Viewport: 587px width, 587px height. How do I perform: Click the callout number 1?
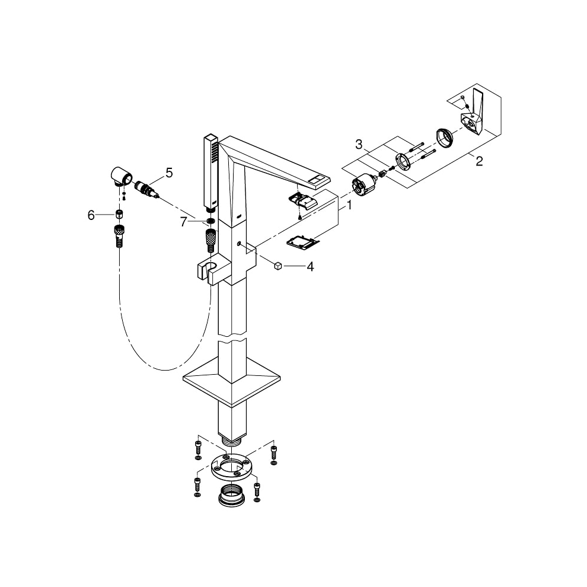pos(350,206)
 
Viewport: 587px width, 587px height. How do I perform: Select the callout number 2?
pos(479,161)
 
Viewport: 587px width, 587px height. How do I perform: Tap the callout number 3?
pos(359,143)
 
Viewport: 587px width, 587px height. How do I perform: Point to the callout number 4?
pos(310,267)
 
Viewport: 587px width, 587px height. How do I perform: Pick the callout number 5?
pos(169,173)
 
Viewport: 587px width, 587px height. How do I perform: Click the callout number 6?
pos(91,215)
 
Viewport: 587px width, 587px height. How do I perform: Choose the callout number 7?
pos(183,222)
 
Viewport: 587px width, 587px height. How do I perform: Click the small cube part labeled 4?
pos(277,266)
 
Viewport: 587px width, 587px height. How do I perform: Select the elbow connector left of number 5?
pos(121,176)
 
